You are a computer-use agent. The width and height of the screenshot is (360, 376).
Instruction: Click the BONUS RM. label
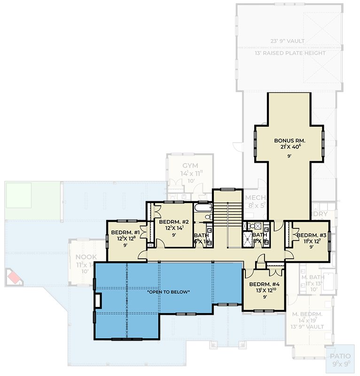(x=290, y=140)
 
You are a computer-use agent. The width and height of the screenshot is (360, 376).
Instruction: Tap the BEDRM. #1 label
(x=125, y=232)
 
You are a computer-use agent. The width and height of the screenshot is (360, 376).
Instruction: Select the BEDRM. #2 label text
(x=174, y=222)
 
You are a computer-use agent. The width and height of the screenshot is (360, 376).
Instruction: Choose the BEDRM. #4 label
(x=264, y=284)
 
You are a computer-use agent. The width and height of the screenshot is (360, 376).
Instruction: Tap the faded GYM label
(x=190, y=166)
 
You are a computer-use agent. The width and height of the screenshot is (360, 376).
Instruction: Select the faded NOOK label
(x=86, y=257)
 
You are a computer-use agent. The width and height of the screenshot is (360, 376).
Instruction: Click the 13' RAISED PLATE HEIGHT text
(x=290, y=53)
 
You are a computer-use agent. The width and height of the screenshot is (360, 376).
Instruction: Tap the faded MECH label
(x=255, y=197)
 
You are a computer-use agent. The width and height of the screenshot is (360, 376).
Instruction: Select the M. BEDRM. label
(x=307, y=314)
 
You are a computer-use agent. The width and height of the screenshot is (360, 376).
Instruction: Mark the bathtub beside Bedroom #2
(x=203, y=207)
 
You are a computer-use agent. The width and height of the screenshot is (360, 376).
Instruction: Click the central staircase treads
(x=227, y=216)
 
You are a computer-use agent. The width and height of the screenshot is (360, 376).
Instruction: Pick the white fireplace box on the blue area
(x=98, y=301)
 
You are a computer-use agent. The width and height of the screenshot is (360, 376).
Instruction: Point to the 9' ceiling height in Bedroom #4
(x=264, y=297)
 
